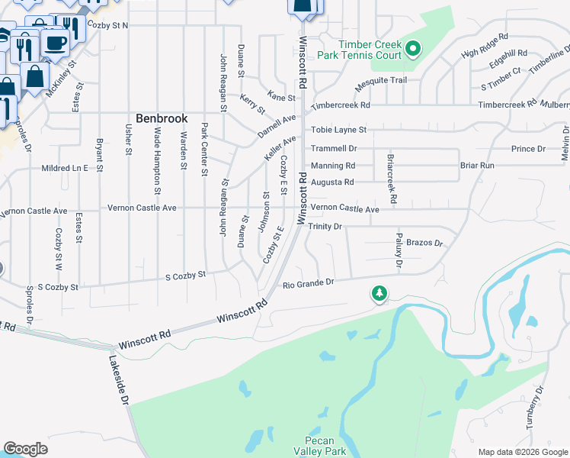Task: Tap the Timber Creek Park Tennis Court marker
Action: (413, 50)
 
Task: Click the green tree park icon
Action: (379, 293)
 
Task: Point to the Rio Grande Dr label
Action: (309, 283)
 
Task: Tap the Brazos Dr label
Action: (424, 243)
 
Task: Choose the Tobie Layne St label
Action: (339, 130)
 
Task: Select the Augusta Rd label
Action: (333, 182)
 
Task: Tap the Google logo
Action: (25, 449)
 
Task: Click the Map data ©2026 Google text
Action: (521, 452)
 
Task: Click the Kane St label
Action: (281, 97)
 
